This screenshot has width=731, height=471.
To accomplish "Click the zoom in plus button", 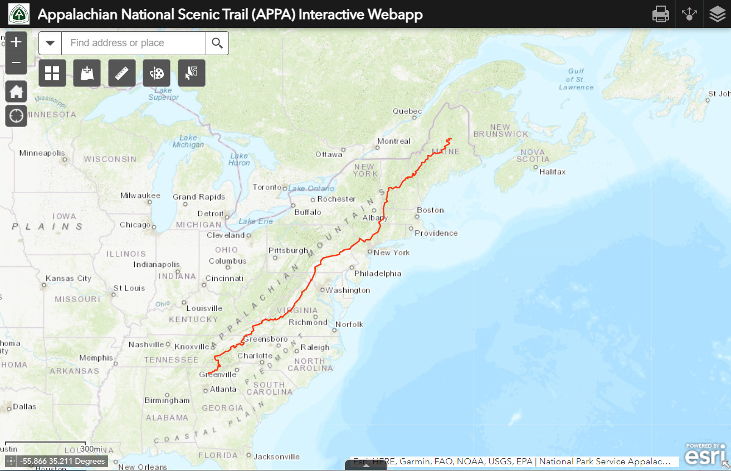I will (x=16, y=42).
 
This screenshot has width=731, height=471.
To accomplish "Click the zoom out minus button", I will (x=16, y=62).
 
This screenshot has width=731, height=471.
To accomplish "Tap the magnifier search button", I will (x=217, y=43).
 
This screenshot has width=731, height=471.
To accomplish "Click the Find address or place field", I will (x=134, y=43).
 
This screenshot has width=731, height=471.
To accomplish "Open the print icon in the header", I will (x=660, y=14).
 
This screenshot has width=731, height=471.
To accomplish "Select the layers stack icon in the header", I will (x=718, y=14).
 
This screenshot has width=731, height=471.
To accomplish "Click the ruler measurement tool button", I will (x=122, y=73).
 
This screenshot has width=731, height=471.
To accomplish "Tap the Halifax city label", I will (x=552, y=172).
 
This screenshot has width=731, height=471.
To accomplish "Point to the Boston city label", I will (x=430, y=210).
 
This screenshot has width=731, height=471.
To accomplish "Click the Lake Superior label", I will (x=164, y=94).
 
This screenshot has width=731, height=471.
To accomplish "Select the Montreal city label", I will (x=393, y=141).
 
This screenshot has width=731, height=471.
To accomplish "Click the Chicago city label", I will (x=135, y=225).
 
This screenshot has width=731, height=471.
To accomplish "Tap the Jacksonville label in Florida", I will (x=276, y=457).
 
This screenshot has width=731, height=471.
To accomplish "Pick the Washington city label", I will (x=348, y=290).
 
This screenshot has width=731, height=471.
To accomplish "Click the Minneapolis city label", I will (x=42, y=153).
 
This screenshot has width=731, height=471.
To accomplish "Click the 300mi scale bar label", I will (x=91, y=449).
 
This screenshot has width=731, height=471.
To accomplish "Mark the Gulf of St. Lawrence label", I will (x=576, y=79).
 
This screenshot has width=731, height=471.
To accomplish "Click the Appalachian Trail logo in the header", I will (x=19, y=14).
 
